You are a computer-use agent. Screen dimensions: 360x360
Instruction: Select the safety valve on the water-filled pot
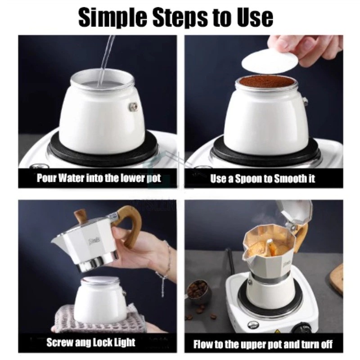pos(133,106)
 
